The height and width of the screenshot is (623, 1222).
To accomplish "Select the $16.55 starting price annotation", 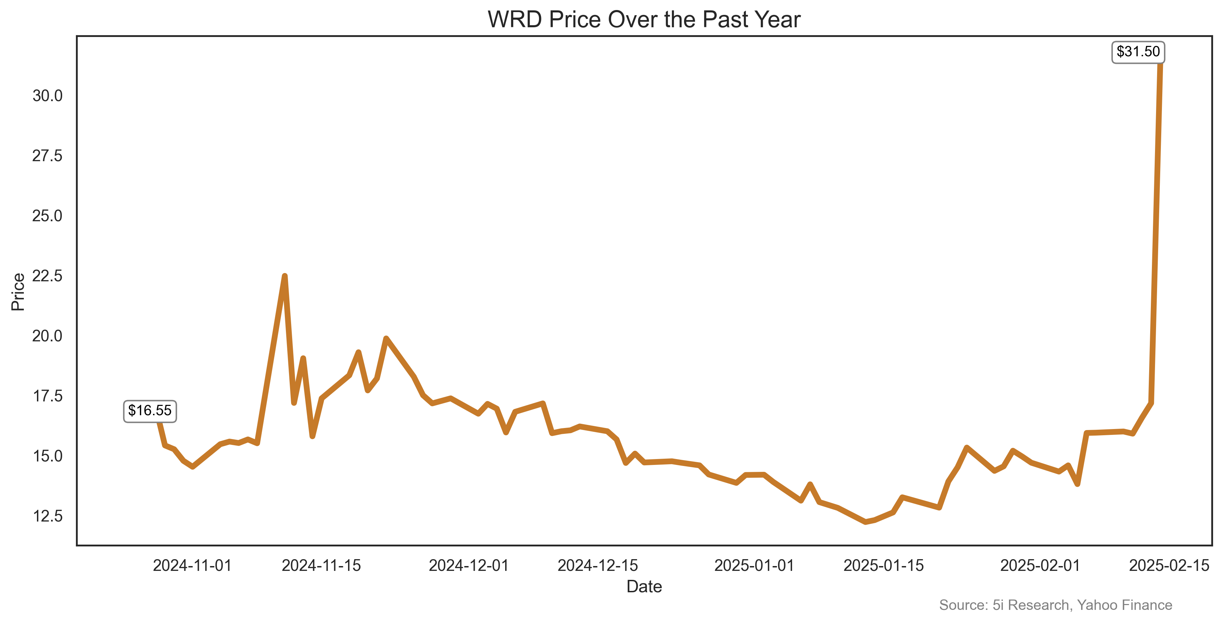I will [150, 411].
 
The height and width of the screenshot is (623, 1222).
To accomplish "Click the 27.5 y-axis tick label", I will [47, 156].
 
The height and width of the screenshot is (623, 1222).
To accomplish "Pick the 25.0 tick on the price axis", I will [47, 216].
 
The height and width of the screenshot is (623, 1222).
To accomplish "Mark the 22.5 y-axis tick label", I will [47, 275].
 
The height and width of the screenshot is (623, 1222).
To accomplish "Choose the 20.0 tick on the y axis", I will [47, 336].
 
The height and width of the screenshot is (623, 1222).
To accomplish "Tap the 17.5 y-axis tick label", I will [47, 396].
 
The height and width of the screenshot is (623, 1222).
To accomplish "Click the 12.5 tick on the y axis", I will [47, 516].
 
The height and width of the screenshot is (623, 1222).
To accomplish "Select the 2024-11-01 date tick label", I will [192, 566].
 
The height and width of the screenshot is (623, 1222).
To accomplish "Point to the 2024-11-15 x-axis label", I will [321, 566].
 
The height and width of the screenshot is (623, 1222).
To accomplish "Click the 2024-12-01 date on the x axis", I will [469, 566].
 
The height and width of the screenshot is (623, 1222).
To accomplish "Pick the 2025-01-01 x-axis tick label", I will [754, 566].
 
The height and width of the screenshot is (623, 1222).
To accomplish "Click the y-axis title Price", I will [18, 292].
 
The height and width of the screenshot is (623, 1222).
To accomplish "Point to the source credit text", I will [1056, 605].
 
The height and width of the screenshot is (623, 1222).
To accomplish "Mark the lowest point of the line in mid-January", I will [865, 522].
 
